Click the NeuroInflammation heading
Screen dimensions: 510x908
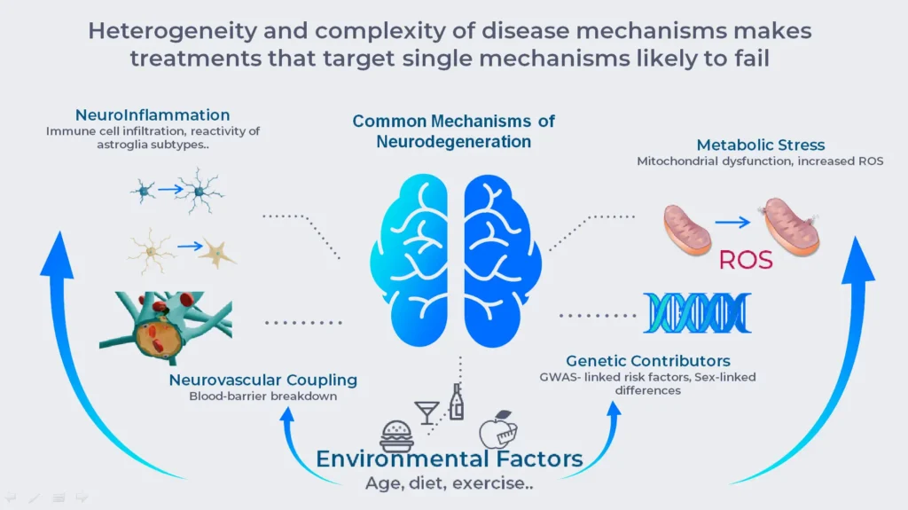[x=153, y=115]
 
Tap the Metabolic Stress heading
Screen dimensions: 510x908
[x=760, y=145]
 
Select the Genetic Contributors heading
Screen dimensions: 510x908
[x=648, y=361]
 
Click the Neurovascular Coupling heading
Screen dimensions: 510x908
[x=262, y=381]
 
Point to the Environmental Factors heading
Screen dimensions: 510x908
[x=450, y=459]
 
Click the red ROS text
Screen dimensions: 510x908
[x=746, y=260]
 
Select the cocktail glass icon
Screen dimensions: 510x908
[x=427, y=412]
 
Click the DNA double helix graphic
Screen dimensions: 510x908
[x=697, y=312]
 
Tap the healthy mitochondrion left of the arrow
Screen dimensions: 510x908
[x=688, y=226]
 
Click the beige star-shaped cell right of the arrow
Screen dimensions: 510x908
[x=217, y=252]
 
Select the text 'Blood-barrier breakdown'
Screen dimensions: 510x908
[x=262, y=396]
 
